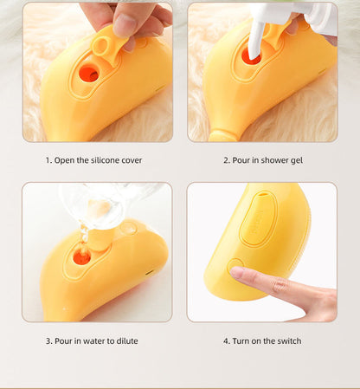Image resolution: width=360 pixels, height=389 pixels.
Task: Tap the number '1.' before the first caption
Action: point(49,160)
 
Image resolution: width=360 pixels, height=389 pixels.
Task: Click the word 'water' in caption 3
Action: point(91,340)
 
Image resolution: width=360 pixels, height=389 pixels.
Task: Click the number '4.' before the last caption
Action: point(227,340)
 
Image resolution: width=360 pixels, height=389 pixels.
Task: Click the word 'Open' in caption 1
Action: point(65,160)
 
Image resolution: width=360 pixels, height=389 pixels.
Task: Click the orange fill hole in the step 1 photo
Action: point(88,74)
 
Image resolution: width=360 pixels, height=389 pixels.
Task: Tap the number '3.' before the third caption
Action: point(49,340)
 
